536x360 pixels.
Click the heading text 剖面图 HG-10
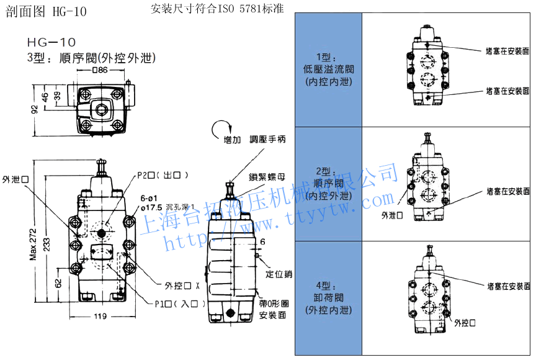pyautogui.click(x=47, y=11)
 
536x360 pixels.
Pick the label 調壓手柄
pyautogui.click(x=267, y=140)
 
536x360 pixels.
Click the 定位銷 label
pyautogui.click(x=279, y=274)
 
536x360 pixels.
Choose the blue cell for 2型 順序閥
pyautogui.click(x=328, y=184)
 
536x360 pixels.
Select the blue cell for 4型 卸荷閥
pyautogui.click(x=328, y=298)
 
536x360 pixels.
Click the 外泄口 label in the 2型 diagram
pyautogui.click(x=392, y=215)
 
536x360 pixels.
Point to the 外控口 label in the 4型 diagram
pyautogui.click(x=466, y=323)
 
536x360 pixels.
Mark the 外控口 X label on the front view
pyautogui.click(x=182, y=286)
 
